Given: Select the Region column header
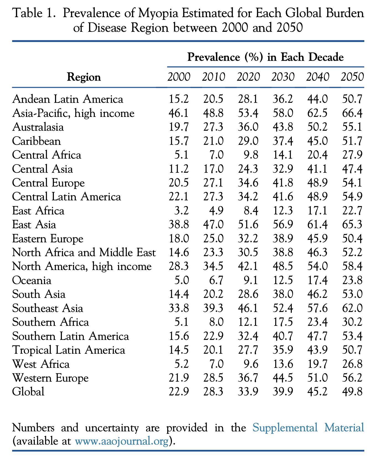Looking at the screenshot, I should pyautogui.click(x=84, y=77).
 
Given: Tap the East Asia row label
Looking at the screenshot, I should pyautogui.click(x=34, y=225).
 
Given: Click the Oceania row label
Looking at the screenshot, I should pyautogui.click(x=32, y=280).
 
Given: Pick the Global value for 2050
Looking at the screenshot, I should pyautogui.click(x=352, y=392).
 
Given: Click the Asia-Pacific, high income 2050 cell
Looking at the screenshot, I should pyautogui.click(x=352, y=113).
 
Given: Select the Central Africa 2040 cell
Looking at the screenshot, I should pyautogui.click(x=317, y=155).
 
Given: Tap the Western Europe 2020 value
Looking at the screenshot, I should pyautogui.click(x=248, y=378).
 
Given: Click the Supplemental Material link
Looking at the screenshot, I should pyautogui.click(x=308, y=428).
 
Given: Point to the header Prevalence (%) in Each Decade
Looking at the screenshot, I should pyautogui.click(x=265, y=57).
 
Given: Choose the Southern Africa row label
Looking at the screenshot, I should pyautogui.click(x=51, y=322).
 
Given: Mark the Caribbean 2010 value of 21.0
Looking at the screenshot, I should pyautogui.click(x=213, y=141).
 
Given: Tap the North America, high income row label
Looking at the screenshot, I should pyautogui.click(x=82, y=266).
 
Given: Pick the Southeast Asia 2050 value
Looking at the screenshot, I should pyautogui.click(x=352, y=308).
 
